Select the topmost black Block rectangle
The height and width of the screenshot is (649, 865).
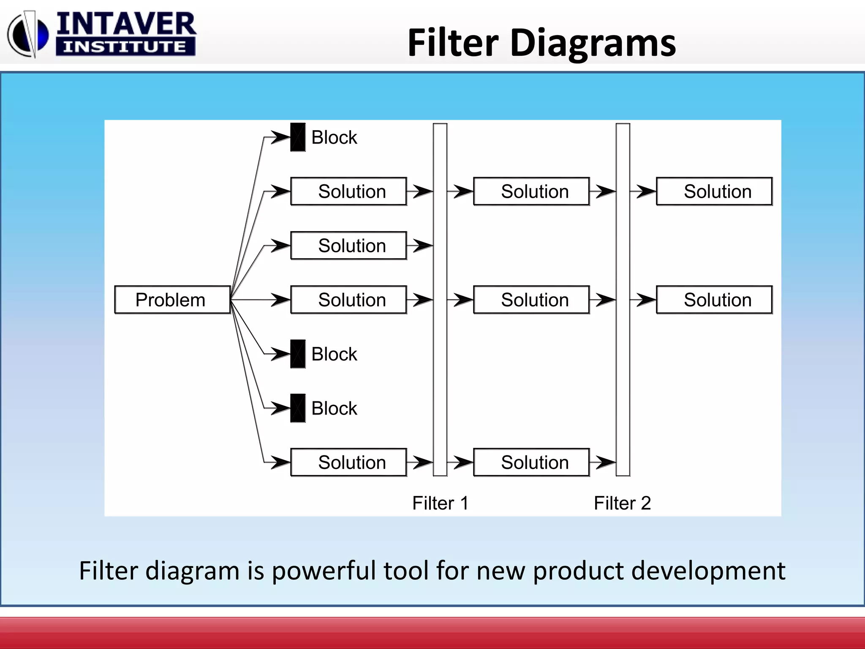pos(298,137)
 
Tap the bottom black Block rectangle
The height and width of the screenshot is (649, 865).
pos(298,408)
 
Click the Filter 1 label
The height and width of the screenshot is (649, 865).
pos(440,503)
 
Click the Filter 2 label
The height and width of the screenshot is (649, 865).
pos(622,503)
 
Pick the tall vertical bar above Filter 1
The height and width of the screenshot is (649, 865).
pos(440,299)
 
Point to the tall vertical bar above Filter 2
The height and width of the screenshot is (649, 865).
pos(623,299)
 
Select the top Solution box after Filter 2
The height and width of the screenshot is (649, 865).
pos(714,191)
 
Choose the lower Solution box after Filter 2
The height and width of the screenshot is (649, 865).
pos(714,300)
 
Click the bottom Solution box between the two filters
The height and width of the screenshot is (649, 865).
pos(531,462)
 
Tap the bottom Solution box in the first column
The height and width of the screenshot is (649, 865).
pos(349,462)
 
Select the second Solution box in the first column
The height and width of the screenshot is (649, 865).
pos(349,245)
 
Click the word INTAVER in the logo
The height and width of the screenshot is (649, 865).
pos(126,24)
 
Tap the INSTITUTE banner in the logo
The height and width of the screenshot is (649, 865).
pos(125,46)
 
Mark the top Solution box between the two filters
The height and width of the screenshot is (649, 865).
pos(531,191)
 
